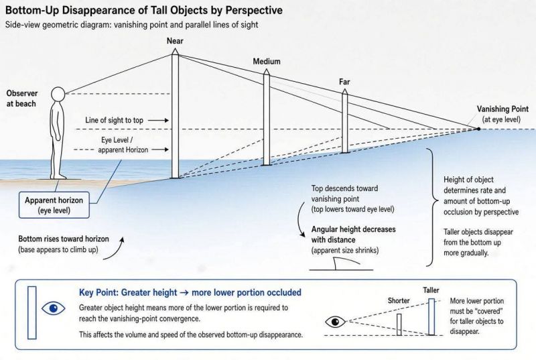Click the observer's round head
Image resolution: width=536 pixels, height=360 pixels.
tap(58, 94)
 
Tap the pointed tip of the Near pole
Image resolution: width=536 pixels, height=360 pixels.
tap(175, 49)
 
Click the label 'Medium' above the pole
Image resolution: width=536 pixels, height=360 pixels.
tap(267, 62)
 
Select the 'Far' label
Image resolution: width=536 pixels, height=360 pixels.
tap(344, 82)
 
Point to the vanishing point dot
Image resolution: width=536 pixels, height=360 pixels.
tap(478, 129)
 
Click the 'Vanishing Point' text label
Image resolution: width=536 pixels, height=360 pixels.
tap(503, 109)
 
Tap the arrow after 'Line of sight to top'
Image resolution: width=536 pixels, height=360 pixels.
tap(158, 121)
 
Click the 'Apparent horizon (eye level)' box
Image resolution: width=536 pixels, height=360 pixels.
tap(54, 205)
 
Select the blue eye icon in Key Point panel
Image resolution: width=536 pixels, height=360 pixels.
tap(54, 309)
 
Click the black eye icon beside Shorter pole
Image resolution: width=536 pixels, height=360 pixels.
tap(335, 322)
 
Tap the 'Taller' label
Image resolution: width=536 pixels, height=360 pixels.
tap(431, 290)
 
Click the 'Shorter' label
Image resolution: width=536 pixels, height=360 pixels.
tap(399, 300)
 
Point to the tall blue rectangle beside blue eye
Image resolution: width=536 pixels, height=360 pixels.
tap(31, 312)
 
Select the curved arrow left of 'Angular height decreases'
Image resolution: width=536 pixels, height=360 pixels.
tap(300, 219)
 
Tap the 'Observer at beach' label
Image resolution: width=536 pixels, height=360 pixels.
tap(22, 99)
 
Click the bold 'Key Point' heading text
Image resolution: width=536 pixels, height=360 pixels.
tap(97, 293)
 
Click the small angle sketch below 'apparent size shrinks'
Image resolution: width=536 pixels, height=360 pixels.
tap(341, 264)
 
